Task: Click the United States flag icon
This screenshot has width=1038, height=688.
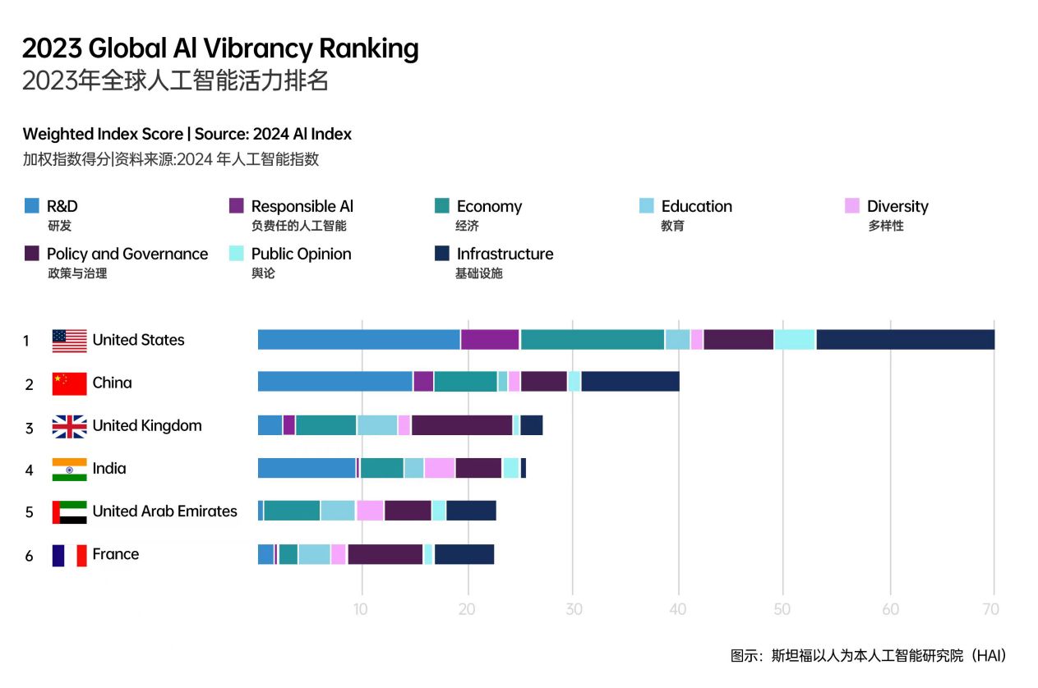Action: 69,341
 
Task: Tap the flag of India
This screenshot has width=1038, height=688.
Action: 69,469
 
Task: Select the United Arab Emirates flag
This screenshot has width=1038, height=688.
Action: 69,511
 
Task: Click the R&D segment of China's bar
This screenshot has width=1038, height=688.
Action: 334,382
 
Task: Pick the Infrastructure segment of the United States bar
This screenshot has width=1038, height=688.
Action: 905,339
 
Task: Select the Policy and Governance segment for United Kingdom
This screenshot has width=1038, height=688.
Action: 462,425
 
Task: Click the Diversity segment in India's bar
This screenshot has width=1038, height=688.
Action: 440,468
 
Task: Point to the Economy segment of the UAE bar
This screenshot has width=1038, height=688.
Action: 292,511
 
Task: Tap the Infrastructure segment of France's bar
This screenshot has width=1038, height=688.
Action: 464,554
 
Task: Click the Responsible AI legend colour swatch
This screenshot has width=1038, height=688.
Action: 237,206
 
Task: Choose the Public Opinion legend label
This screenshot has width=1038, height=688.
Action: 301,255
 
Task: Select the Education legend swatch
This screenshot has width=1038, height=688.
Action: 647,206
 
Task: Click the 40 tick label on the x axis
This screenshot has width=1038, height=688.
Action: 676,609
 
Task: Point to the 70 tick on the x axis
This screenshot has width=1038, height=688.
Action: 991,609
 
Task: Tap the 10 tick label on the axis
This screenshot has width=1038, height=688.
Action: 360,609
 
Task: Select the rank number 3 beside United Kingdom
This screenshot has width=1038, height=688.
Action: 30,427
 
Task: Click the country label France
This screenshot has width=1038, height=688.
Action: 116,554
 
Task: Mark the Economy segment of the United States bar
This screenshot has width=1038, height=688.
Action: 592,339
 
